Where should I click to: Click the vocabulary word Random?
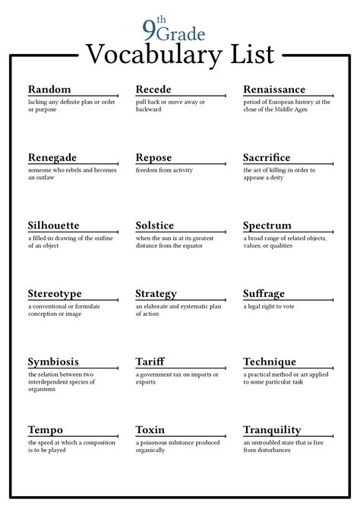pyautogui.click(x=49, y=90)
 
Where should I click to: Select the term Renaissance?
pyautogui.click(x=274, y=90)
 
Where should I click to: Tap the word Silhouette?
pyautogui.click(x=53, y=226)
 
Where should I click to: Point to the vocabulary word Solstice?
pyautogui.click(x=154, y=226)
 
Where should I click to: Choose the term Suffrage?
pyautogui.click(x=264, y=294)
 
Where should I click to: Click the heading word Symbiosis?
pyautogui.click(x=53, y=362)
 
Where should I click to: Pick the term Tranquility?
pyautogui.click(x=272, y=430)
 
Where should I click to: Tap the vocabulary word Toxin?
pyautogui.click(x=150, y=430)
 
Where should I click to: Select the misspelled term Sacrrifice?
pyautogui.click(x=267, y=158)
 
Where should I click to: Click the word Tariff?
pyautogui.click(x=150, y=362)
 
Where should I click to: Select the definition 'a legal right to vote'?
pyautogui.click(x=271, y=305)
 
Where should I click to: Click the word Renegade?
pyautogui.click(x=52, y=158)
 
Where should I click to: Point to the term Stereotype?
pyautogui.click(x=54, y=294)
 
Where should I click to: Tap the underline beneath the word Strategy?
pyautogui.click(x=180, y=301)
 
